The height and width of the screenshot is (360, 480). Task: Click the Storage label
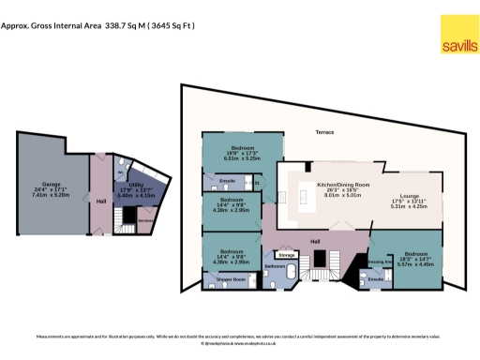[286, 254]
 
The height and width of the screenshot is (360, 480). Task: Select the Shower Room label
[232, 279]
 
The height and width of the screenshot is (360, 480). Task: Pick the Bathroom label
[275, 266]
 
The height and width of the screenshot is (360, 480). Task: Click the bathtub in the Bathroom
[292, 274]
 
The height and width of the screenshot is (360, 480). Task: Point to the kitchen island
[304, 197]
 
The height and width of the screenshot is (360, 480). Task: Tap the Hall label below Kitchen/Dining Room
[316, 241]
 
